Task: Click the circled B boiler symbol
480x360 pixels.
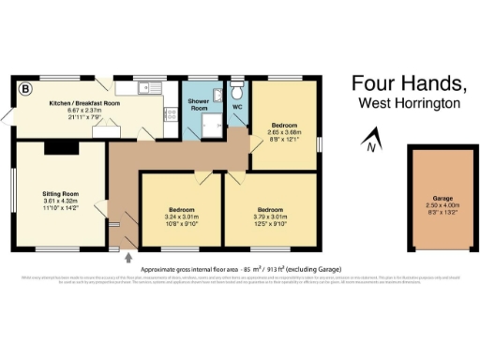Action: point(25,89)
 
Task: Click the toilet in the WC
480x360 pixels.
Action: point(237,92)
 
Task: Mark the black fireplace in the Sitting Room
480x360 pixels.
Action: point(57,146)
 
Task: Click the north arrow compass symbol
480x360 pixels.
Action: point(372,142)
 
